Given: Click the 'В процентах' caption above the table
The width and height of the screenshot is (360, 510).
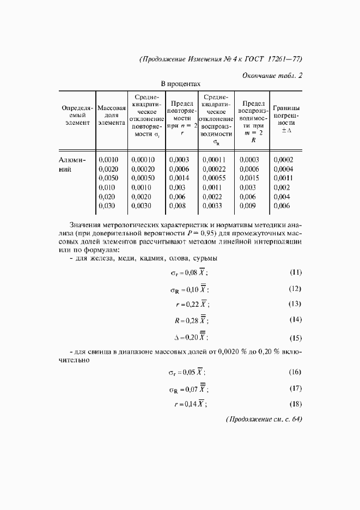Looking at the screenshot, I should coord(180,84).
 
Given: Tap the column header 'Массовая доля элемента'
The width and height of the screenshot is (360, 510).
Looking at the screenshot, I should coord(112,116).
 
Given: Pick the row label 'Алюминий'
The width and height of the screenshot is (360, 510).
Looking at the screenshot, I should coord(72,164).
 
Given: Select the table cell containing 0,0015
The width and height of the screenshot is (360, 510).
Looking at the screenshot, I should coord(249,178).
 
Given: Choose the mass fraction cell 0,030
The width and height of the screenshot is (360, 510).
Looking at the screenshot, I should coord(108,206).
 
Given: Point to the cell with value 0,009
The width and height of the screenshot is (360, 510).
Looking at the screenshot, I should coord(248,206).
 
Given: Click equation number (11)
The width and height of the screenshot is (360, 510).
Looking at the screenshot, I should coord(295,272).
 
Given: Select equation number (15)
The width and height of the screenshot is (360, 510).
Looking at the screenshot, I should coord(295,337).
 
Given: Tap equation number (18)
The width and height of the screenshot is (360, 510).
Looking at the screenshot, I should coord(295,404).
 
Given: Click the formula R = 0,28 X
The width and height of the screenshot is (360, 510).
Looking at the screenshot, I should coord(191,320).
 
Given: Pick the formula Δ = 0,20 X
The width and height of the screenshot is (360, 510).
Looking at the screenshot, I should coord(191,337).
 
